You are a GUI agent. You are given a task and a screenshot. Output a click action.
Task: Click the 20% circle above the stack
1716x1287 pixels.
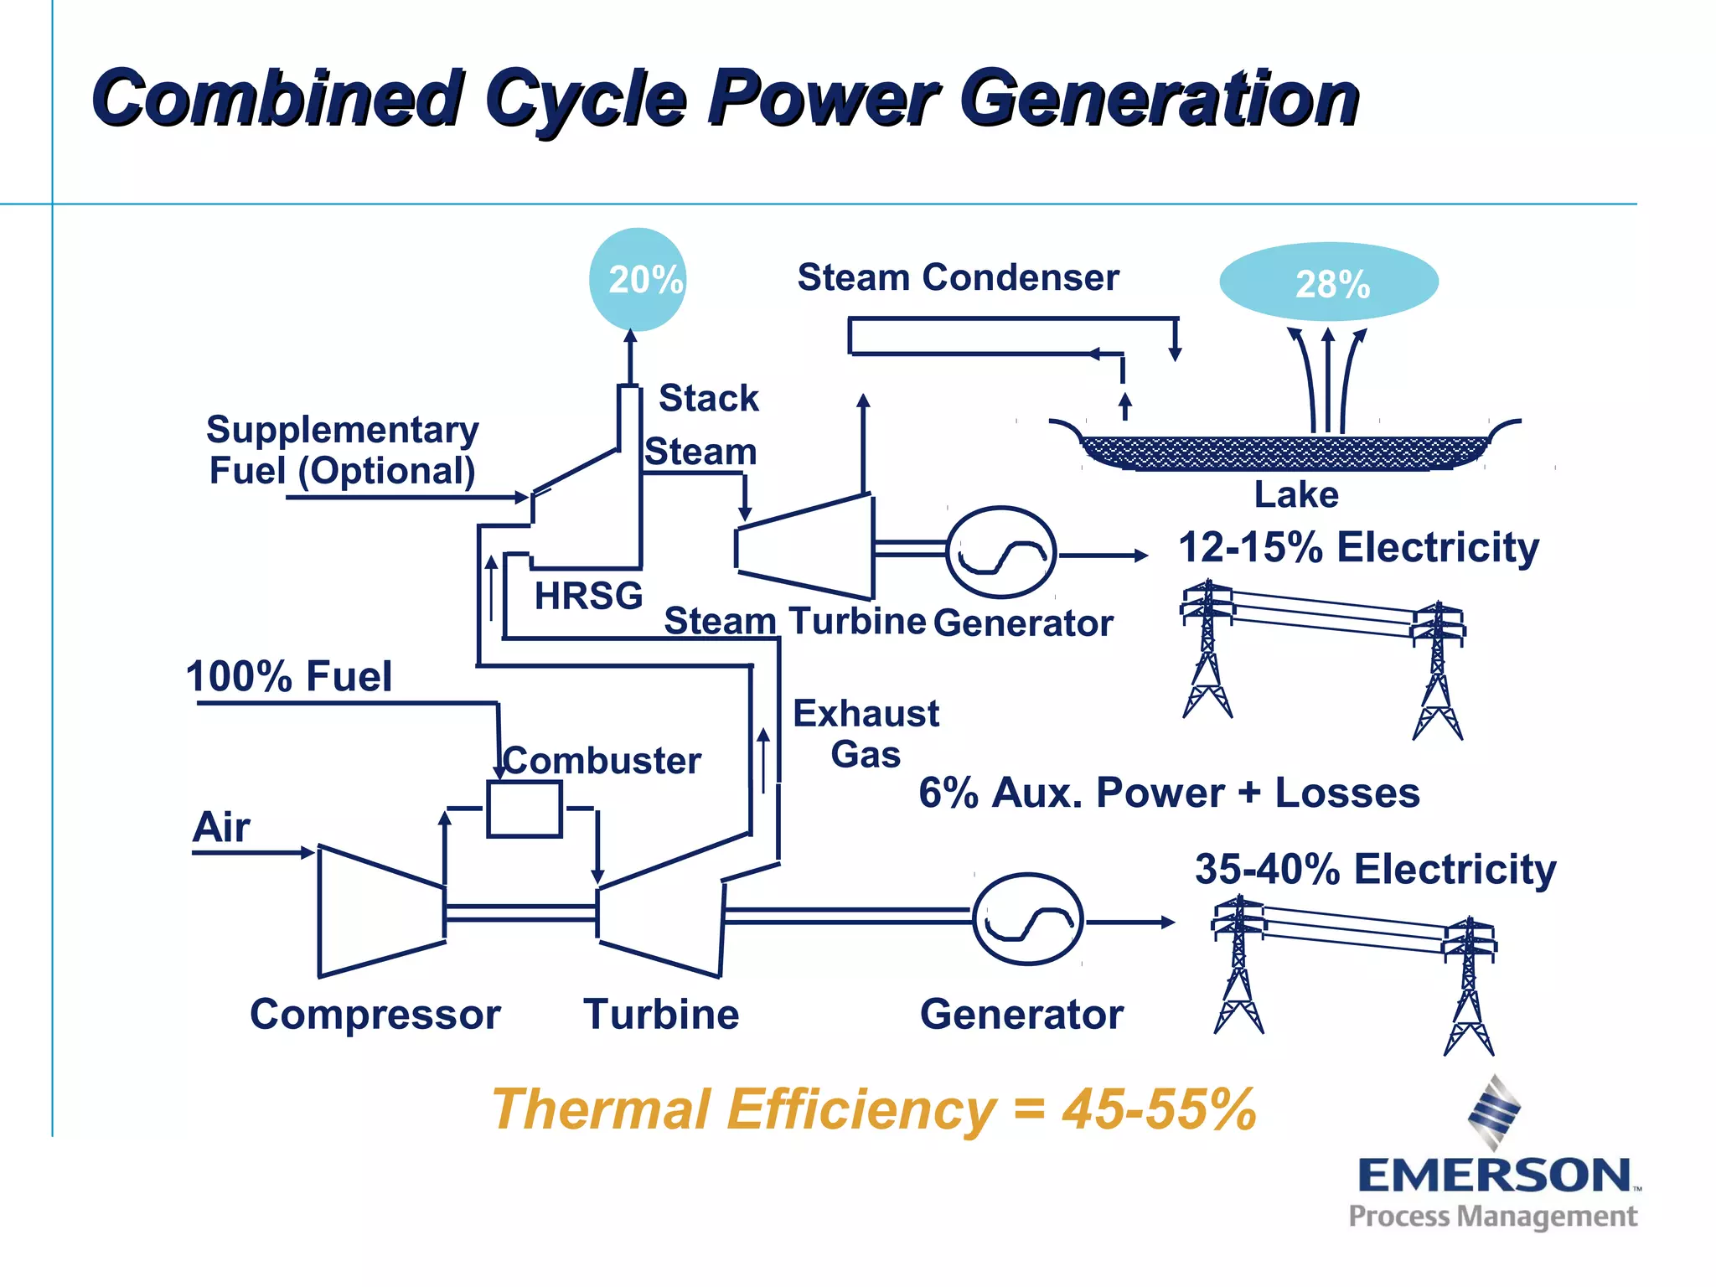click(x=638, y=279)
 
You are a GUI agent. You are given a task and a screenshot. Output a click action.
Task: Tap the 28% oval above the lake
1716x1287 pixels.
click(x=1329, y=282)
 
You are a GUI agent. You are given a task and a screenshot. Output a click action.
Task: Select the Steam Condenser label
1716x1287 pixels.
click(x=958, y=277)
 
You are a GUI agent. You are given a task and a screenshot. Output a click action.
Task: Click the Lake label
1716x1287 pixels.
click(x=1296, y=494)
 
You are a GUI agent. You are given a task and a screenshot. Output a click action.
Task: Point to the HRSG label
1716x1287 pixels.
click(x=588, y=596)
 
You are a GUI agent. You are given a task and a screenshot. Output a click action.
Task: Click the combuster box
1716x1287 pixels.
click(x=525, y=809)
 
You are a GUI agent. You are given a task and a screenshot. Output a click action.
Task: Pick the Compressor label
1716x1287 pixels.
click(x=375, y=1015)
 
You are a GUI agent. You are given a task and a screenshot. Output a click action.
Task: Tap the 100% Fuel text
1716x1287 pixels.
click(x=289, y=676)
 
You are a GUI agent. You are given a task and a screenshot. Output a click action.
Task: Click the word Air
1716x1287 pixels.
click(x=221, y=827)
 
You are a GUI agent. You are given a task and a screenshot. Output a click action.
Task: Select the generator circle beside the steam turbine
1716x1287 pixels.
click(x=1001, y=552)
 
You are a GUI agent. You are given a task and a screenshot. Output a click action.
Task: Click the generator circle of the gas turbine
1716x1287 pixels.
click(x=1028, y=920)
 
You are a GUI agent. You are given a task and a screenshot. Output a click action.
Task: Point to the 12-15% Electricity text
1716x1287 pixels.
click(x=1358, y=547)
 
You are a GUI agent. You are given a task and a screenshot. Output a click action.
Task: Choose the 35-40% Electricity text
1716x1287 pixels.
click(x=1375, y=869)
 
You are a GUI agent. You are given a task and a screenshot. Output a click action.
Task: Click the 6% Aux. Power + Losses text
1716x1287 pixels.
click(x=1169, y=793)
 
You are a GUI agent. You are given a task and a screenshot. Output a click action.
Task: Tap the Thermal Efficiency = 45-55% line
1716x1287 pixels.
click(x=874, y=1109)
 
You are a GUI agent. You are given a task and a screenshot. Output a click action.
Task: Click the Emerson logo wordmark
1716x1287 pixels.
click(x=1495, y=1175)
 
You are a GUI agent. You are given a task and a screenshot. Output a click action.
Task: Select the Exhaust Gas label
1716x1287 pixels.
click(x=866, y=734)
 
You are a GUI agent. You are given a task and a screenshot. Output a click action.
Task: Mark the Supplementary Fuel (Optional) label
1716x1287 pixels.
click(x=343, y=450)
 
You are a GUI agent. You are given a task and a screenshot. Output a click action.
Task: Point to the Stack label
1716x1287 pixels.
click(x=708, y=398)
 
